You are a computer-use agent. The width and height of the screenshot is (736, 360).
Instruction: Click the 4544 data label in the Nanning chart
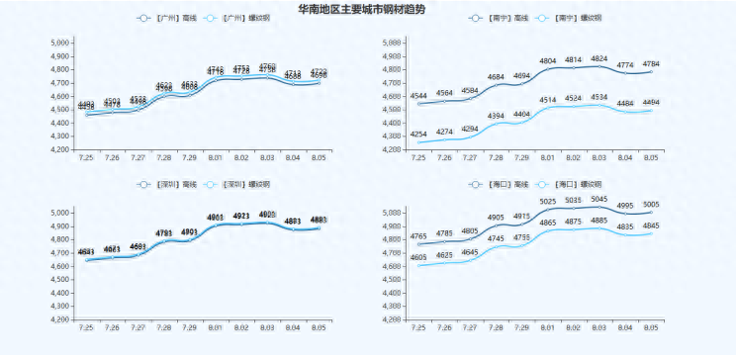[x=418, y=96]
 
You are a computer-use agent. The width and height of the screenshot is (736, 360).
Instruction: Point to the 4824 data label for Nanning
[x=598, y=58]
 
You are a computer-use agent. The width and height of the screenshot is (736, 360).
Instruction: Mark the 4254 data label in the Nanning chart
[x=418, y=135]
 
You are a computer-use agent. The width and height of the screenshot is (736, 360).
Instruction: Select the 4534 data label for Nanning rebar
[x=598, y=97]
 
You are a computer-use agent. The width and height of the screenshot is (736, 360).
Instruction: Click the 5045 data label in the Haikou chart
[x=598, y=200]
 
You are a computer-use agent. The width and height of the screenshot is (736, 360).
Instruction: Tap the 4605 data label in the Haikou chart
[x=418, y=257]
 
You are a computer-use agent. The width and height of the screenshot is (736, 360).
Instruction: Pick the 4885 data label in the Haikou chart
[x=598, y=221]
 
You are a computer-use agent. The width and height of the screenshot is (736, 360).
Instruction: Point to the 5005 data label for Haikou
[x=650, y=205]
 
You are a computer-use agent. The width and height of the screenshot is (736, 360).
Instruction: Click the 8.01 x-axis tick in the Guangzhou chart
[x=216, y=157]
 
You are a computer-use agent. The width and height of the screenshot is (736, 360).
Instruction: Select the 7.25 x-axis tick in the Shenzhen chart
[x=86, y=327]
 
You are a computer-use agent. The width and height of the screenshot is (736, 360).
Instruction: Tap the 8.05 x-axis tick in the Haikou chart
[x=650, y=327]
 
